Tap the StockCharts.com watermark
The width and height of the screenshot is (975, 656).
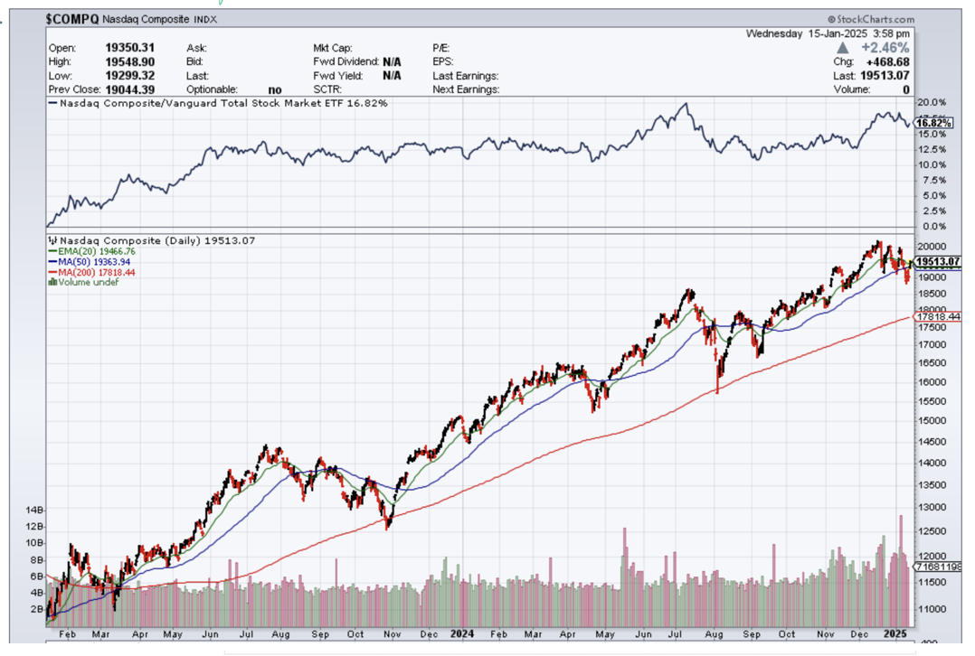871,19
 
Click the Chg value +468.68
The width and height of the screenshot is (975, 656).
887,61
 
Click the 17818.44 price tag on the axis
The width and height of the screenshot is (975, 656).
938,317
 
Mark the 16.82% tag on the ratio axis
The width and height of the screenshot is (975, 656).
932,123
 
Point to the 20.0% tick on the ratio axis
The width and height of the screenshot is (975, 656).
931,103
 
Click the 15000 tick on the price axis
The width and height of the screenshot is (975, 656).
931,420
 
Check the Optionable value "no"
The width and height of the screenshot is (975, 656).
275,89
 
